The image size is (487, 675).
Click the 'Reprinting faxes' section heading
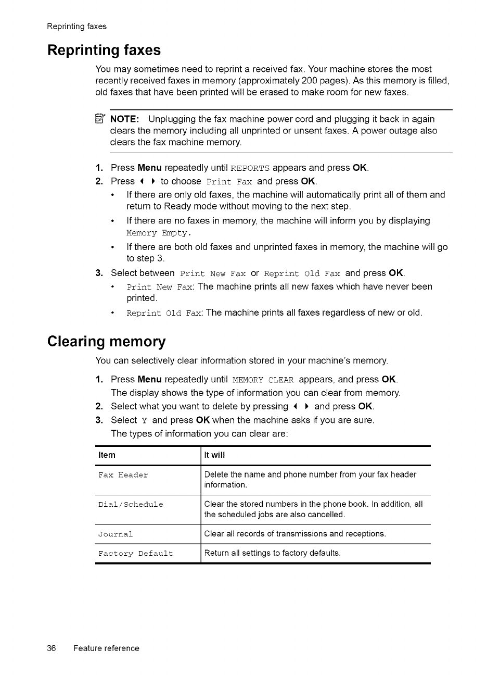click(x=104, y=51)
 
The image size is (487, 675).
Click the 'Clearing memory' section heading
click(x=106, y=342)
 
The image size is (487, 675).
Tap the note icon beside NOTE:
click(x=101, y=119)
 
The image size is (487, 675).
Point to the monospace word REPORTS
click(x=250, y=168)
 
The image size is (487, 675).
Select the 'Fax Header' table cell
click(x=123, y=475)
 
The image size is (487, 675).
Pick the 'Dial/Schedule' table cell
click(x=131, y=505)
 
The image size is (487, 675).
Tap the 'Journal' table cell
click(x=116, y=534)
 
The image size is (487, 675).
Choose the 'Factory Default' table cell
click(x=136, y=554)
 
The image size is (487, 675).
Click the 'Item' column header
click(x=107, y=455)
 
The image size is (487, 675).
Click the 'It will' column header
click(x=214, y=455)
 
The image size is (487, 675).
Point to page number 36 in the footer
click(x=52, y=648)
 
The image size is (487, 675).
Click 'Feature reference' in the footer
click(x=106, y=648)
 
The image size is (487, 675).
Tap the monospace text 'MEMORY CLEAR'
click(x=263, y=380)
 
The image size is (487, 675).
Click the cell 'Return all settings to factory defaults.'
click(x=273, y=553)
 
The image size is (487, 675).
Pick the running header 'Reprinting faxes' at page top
click(x=76, y=27)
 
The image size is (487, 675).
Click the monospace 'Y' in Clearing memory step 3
click(x=145, y=421)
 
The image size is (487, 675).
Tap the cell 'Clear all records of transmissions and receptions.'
click(x=295, y=534)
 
